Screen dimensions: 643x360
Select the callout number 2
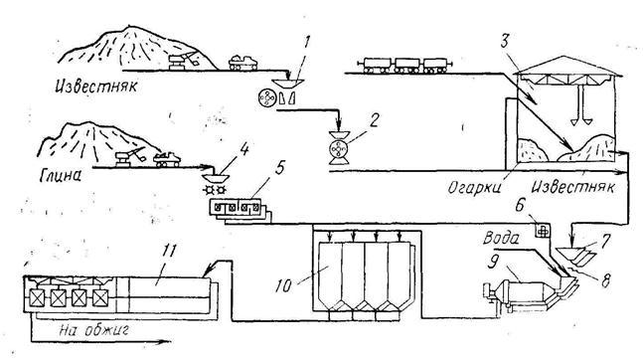(374, 120)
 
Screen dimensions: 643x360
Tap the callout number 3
(505, 41)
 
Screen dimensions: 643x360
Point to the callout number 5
(279, 168)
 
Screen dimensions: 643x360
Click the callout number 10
(283, 286)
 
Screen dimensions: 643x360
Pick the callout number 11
(168, 251)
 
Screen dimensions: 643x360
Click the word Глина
(61, 175)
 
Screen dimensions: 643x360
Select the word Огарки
(474, 188)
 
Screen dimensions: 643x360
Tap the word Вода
(501, 238)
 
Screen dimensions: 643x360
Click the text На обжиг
(93, 329)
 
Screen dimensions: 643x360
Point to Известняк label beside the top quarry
(96, 87)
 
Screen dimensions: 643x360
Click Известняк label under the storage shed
(573, 187)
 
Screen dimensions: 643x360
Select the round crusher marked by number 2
(339, 148)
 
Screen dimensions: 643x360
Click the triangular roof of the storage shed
(568, 66)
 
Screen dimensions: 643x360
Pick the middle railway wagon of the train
(407, 66)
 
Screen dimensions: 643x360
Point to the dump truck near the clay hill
(167, 159)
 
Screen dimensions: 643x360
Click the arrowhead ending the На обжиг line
(165, 341)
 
